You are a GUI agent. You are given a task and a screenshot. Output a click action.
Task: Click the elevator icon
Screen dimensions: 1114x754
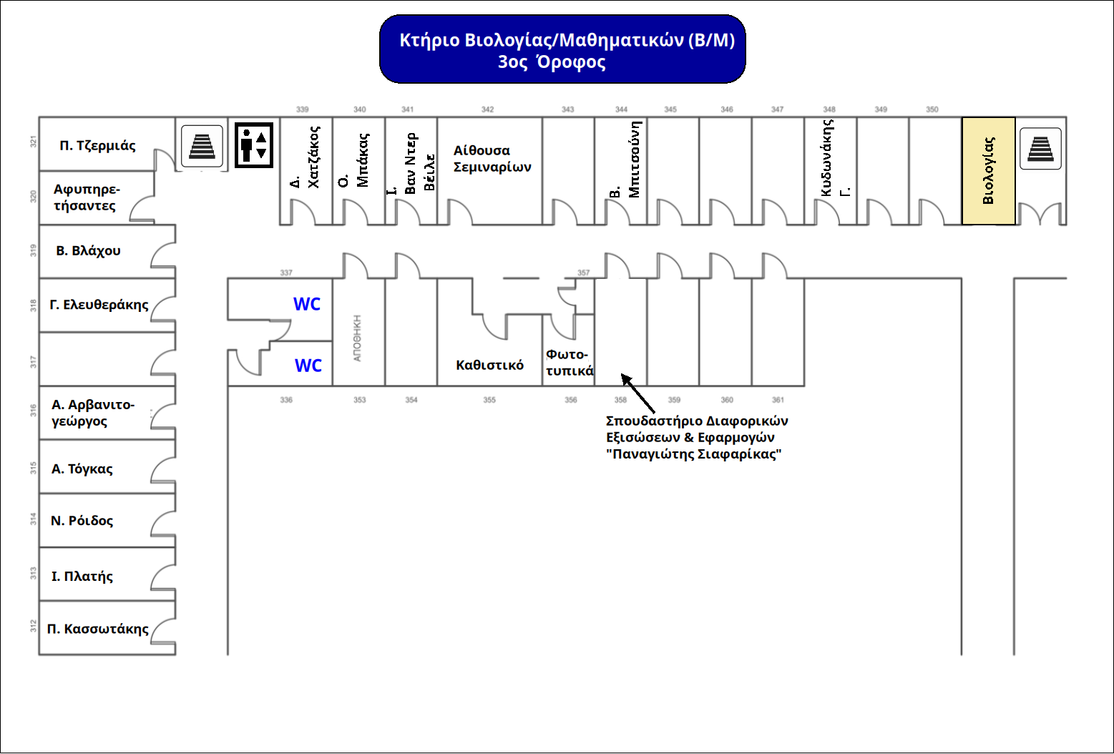pyautogui.click(x=253, y=145)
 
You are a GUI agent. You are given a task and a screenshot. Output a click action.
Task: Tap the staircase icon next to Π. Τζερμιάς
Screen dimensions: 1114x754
pyautogui.click(x=202, y=146)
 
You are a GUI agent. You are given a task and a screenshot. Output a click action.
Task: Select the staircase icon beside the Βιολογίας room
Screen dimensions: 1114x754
pyautogui.click(x=1040, y=149)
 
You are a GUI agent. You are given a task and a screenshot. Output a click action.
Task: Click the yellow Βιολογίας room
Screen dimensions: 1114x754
pyautogui.click(x=988, y=171)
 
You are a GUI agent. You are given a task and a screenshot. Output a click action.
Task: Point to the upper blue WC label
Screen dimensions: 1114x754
pyautogui.click(x=307, y=304)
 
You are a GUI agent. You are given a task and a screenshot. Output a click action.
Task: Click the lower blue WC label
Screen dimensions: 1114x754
pyautogui.click(x=308, y=366)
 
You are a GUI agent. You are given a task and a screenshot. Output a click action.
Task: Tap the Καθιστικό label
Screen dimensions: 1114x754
pyautogui.click(x=489, y=365)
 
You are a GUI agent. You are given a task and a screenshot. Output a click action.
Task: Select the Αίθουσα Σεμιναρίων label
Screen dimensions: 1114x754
pyautogui.click(x=492, y=159)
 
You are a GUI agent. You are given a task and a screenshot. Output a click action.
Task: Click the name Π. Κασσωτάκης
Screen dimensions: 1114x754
pyautogui.click(x=97, y=629)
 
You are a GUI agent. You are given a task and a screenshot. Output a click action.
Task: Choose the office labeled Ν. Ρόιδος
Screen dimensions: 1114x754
pyautogui.click(x=82, y=521)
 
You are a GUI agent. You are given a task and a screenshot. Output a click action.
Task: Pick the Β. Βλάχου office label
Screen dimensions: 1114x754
pyautogui.click(x=88, y=250)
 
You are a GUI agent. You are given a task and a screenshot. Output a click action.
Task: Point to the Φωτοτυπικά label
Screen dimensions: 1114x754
pyautogui.click(x=570, y=363)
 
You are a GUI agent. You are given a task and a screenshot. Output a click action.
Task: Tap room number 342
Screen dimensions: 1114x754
pyautogui.click(x=487, y=109)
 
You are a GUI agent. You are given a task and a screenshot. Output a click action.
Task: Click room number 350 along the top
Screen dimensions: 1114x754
pyautogui.click(x=932, y=109)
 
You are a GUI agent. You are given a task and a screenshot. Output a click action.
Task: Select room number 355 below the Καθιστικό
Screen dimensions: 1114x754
pyautogui.click(x=489, y=400)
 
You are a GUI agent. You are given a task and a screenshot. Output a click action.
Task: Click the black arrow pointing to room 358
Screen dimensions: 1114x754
pyautogui.click(x=638, y=393)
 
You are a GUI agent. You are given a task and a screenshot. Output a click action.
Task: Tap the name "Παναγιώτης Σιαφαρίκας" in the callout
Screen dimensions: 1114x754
pyautogui.click(x=694, y=454)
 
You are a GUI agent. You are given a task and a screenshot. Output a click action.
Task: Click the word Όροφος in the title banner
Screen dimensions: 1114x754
pyautogui.click(x=571, y=62)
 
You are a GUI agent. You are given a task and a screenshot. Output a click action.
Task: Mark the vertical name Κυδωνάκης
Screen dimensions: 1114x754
pyautogui.click(x=826, y=157)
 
